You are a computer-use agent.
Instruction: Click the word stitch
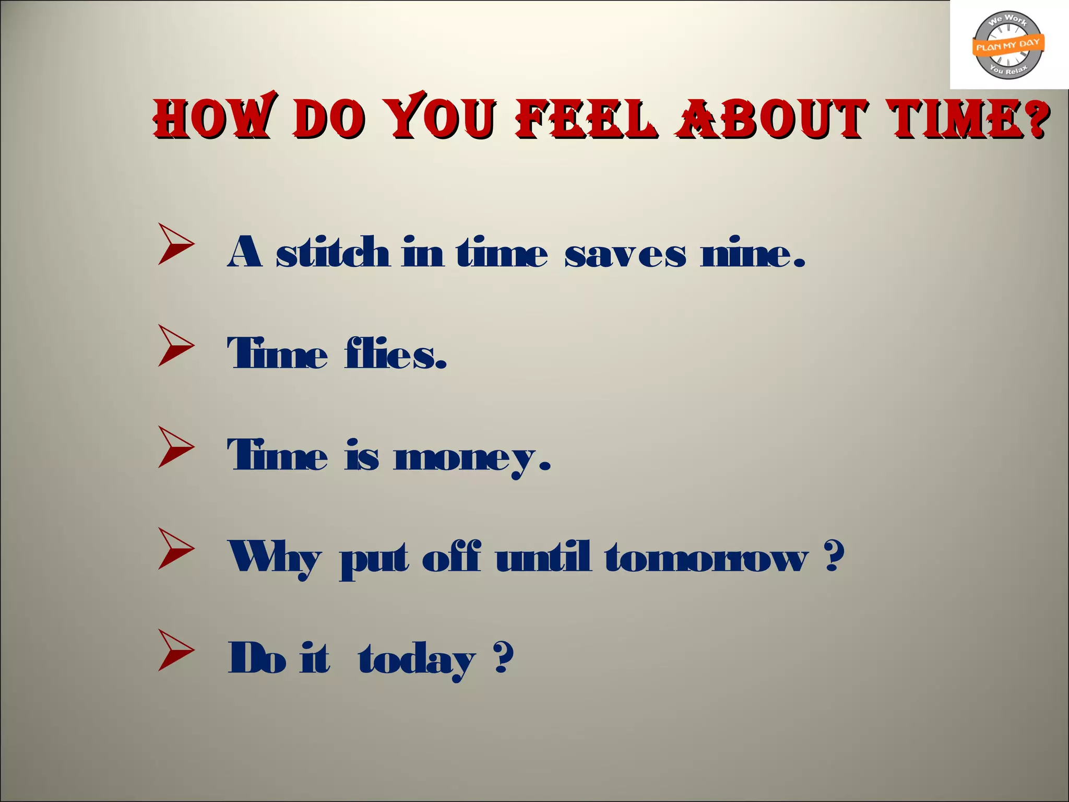coord(332,253)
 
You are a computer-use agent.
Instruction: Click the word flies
coord(395,353)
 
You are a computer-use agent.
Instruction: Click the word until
coord(543,557)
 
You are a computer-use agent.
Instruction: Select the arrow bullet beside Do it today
coord(176,650)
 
